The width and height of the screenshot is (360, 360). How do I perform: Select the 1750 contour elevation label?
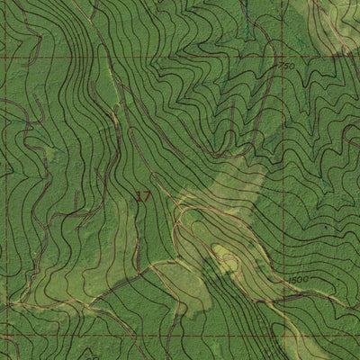[285, 67]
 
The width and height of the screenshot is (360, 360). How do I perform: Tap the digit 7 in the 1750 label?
[282, 67]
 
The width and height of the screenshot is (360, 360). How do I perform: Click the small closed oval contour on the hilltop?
[226, 262]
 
